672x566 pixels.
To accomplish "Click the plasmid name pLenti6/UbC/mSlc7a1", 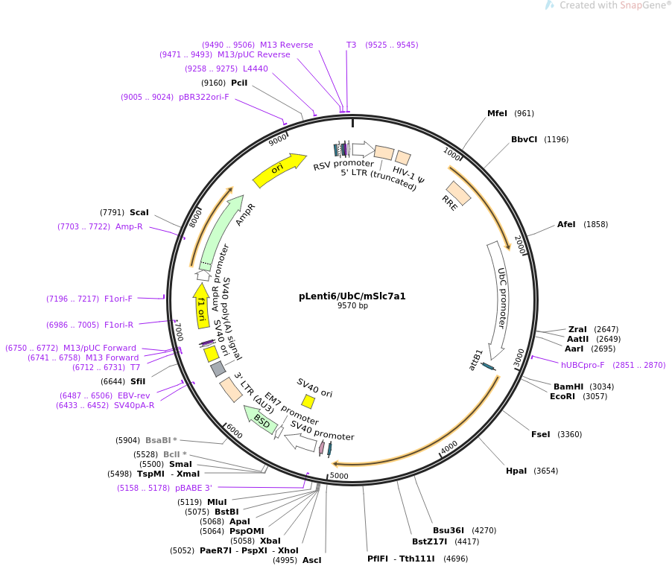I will click(x=352, y=296).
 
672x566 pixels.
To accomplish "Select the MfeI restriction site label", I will click(x=497, y=113).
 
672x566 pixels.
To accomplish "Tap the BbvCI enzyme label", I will click(x=524, y=139).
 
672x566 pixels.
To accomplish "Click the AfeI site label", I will click(x=566, y=224).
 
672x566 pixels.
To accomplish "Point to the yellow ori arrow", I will click(x=279, y=171).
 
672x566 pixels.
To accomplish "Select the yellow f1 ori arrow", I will click(x=201, y=305).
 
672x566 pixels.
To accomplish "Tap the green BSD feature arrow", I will click(x=261, y=421).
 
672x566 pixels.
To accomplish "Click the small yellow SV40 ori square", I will click(x=308, y=401).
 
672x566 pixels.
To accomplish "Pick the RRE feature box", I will click(x=458, y=193).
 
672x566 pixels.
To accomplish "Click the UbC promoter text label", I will click(x=501, y=298).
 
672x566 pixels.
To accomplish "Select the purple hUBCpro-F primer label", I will click(x=583, y=365).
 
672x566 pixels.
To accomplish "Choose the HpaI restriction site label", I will click(x=516, y=471).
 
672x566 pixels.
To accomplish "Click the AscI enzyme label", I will click(x=311, y=560).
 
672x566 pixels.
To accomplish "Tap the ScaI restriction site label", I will click(x=139, y=212).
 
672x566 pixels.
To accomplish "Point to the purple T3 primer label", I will click(x=352, y=45).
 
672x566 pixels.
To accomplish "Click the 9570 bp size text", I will click(x=352, y=306).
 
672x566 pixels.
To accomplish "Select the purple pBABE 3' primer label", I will click(x=194, y=488).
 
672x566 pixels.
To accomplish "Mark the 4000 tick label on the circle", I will click(x=449, y=445).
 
